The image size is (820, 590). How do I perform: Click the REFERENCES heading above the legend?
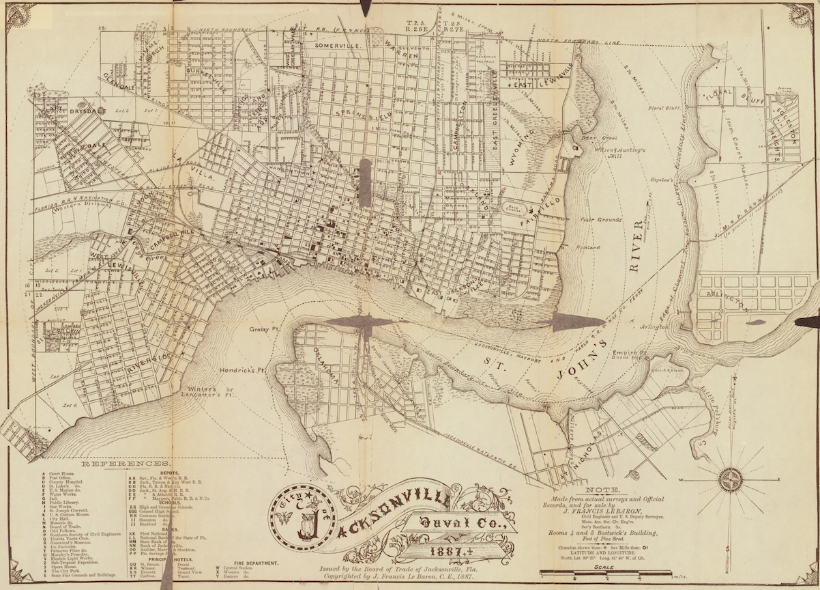tap(118, 463)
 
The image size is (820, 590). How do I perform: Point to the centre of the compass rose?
tap(730, 480)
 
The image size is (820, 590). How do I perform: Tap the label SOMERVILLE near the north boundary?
tap(338, 44)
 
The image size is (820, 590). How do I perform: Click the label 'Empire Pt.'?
tap(628, 352)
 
